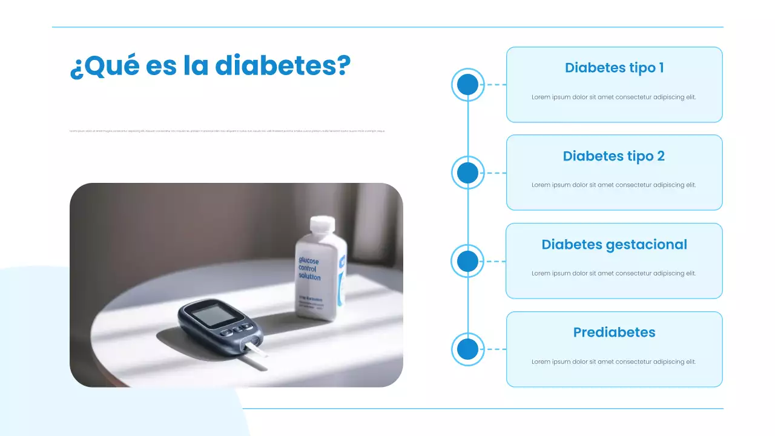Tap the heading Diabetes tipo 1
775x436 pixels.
pyautogui.click(x=614, y=68)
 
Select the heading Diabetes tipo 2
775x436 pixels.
pyautogui.click(x=614, y=156)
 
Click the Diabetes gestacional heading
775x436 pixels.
pyautogui.click(x=614, y=245)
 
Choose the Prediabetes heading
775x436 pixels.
pyautogui.click(x=614, y=332)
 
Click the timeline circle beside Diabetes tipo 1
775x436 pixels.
pyautogui.click(x=467, y=85)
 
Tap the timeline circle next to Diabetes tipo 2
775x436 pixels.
pyautogui.click(x=467, y=173)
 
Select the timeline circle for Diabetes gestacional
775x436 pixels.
pyautogui.click(x=467, y=262)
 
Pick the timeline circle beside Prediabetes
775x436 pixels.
pyautogui.click(x=467, y=349)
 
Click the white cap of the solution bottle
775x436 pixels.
pyautogui.click(x=322, y=225)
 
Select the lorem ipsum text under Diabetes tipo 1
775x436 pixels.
pyautogui.click(x=614, y=97)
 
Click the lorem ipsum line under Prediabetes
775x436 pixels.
pyautogui.click(x=614, y=362)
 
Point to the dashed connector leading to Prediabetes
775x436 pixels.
pyautogui.click(x=496, y=349)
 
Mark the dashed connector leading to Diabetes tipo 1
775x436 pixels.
pyautogui.click(x=496, y=85)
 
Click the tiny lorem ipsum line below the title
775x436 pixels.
pyautogui.click(x=227, y=131)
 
